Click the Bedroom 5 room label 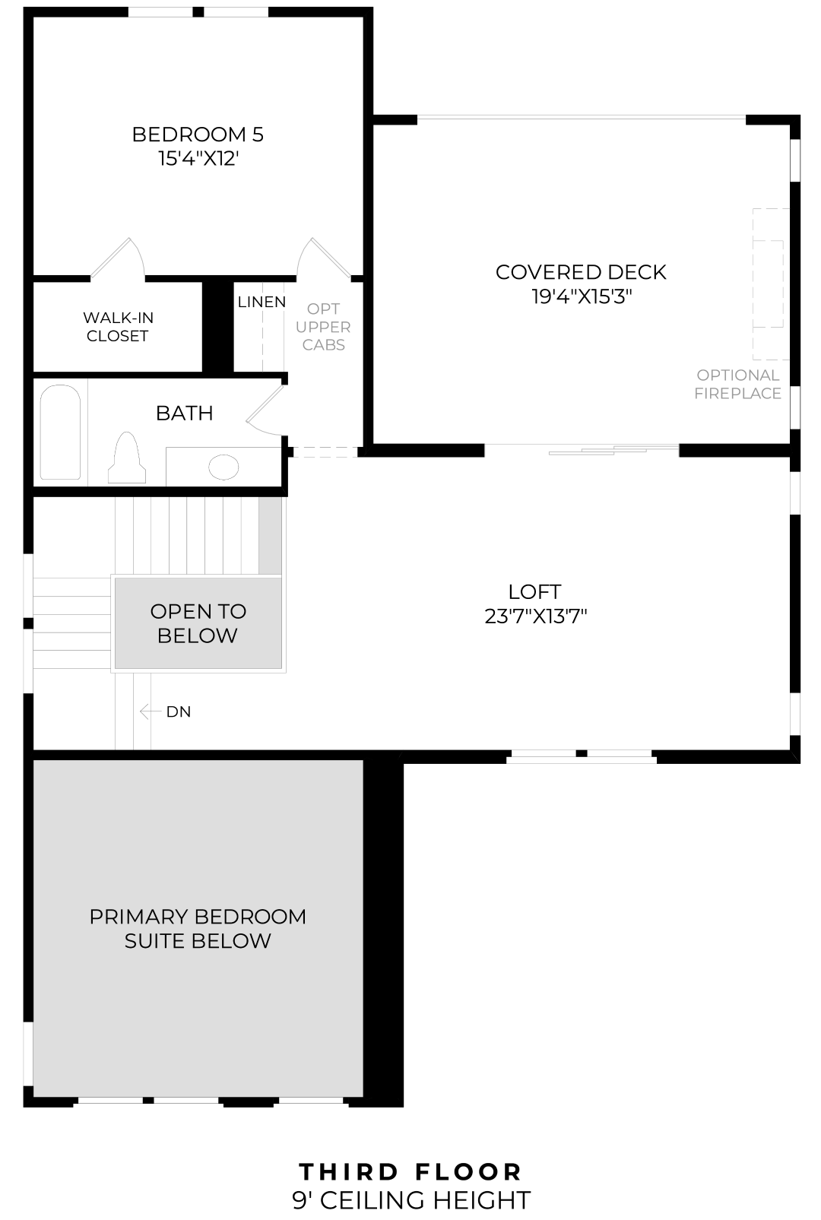[198, 135]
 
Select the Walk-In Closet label [118, 327]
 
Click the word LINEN [262, 302]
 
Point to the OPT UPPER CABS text [323, 327]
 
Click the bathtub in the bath [60, 432]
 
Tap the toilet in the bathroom [126, 458]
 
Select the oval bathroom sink [223, 467]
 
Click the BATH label [184, 413]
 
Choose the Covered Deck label [581, 272]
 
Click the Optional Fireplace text [737, 384]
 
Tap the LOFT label [534, 591]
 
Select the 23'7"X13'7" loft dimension [535, 616]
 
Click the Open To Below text [198, 623]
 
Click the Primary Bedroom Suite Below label [198, 928]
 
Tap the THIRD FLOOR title [410, 1171]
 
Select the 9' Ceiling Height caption [410, 1200]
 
